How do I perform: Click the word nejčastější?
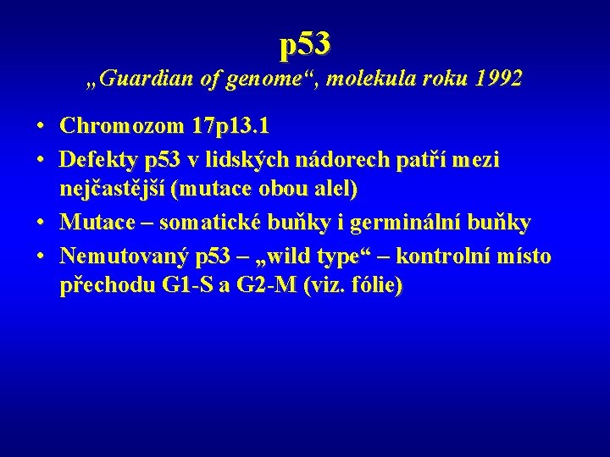[x=112, y=190]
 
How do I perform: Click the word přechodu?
[x=107, y=286]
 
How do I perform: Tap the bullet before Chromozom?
[x=41, y=127]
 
